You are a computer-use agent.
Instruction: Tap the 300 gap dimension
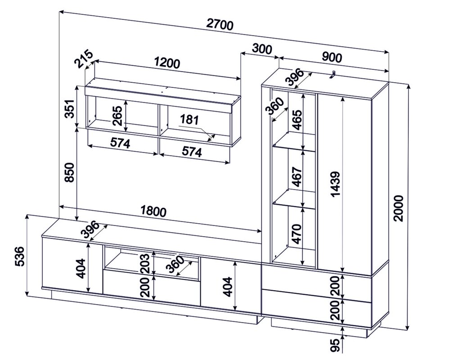pyautogui.click(x=262, y=49)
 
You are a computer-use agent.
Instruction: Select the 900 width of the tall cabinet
pyautogui.click(x=332, y=57)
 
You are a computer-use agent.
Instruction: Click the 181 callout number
pyautogui.click(x=190, y=120)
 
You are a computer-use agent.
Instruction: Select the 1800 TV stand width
pyautogui.click(x=154, y=211)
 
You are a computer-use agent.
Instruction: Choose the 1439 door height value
pyautogui.click(x=335, y=184)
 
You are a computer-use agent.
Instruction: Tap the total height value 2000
pyautogui.click(x=399, y=208)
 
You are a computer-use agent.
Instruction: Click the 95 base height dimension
pyautogui.click(x=335, y=345)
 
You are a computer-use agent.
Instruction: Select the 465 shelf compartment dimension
pyautogui.click(x=297, y=120)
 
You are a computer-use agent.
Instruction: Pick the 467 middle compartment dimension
pyautogui.click(x=297, y=177)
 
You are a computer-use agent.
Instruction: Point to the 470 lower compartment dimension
pyautogui.click(x=297, y=234)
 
